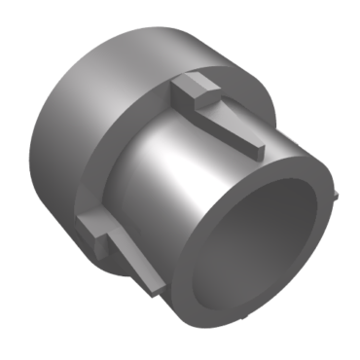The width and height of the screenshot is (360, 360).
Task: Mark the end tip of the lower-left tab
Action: tap(154, 287)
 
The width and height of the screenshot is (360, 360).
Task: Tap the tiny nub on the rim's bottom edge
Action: tap(239, 320)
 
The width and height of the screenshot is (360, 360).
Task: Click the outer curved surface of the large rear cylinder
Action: tap(117, 68)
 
